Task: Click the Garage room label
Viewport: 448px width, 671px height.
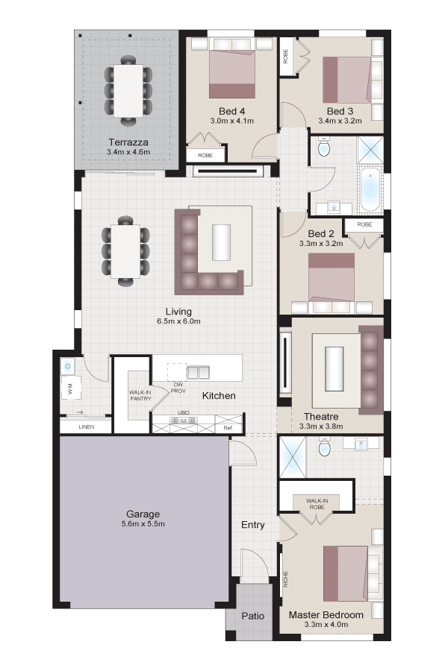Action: tap(143, 514)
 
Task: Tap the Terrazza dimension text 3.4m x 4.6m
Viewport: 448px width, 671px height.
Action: tap(128, 152)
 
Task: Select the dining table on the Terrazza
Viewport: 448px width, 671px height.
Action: tap(128, 91)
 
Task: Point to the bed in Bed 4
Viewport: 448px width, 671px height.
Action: tap(232, 69)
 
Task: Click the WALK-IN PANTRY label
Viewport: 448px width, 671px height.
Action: tap(140, 395)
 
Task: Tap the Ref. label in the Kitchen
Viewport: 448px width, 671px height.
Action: tap(228, 428)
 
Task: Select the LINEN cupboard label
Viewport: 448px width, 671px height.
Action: tap(87, 427)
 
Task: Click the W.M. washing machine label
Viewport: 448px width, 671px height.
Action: tap(70, 388)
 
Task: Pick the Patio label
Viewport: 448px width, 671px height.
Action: tap(253, 616)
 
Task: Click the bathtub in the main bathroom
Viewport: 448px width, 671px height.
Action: tap(370, 189)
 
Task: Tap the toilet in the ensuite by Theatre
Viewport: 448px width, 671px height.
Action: tap(325, 447)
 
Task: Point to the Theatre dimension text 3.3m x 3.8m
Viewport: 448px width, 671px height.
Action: tap(321, 426)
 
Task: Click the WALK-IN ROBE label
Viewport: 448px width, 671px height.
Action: tap(317, 504)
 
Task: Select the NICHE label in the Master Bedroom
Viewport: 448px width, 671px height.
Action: tap(285, 579)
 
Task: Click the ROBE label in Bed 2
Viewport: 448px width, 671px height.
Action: tap(364, 224)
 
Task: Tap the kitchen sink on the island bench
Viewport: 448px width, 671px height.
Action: tap(198, 372)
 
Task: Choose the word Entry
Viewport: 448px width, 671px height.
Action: tap(253, 525)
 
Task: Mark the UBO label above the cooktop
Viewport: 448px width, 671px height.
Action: tap(184, 412)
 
